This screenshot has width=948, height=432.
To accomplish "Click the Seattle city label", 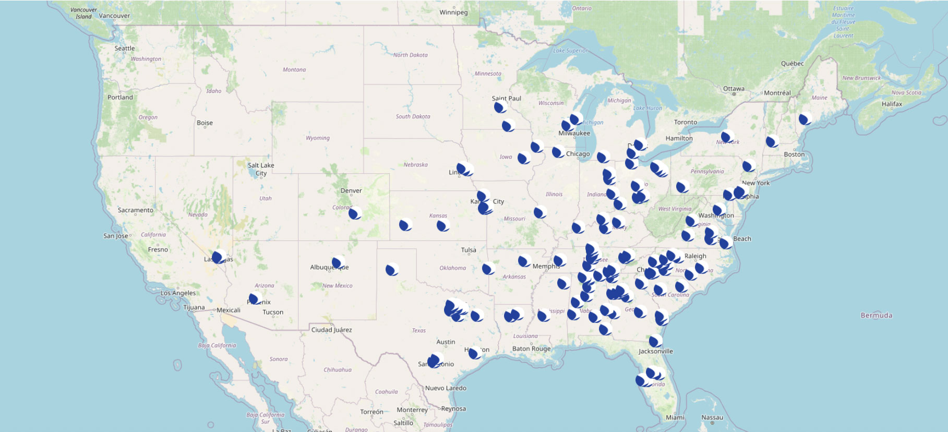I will tap(124, 49).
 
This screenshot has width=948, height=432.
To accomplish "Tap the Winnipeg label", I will tap(453, 13).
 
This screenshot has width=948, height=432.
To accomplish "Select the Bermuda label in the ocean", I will tap(876, 315).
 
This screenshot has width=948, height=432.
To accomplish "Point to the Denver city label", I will tap(351, 190).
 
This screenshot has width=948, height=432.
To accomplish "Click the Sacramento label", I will tap(135, 210).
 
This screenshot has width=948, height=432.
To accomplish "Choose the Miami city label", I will tap(675, 417).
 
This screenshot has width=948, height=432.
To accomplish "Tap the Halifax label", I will tap(892, 104).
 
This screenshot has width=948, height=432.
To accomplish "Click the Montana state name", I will tap(294, 69).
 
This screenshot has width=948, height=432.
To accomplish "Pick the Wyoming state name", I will tap(317, 138).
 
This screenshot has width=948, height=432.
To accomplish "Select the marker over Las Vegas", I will tap(219, 257).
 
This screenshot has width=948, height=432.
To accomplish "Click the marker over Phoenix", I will tap(255, 298).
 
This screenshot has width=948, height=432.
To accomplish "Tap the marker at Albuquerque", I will tap(339, 262).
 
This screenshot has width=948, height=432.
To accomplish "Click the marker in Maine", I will tap(806, 118).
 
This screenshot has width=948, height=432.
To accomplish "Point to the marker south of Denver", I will tap(355, 213).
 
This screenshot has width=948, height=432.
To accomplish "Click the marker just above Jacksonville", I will tap(655, 341).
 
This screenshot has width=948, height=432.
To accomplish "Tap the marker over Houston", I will tap(475, 353).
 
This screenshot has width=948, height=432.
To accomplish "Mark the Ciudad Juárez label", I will tap(331, 330).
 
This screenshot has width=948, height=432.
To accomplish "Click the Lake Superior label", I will tap(570, 51).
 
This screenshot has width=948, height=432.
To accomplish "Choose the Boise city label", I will tap(205, 123).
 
